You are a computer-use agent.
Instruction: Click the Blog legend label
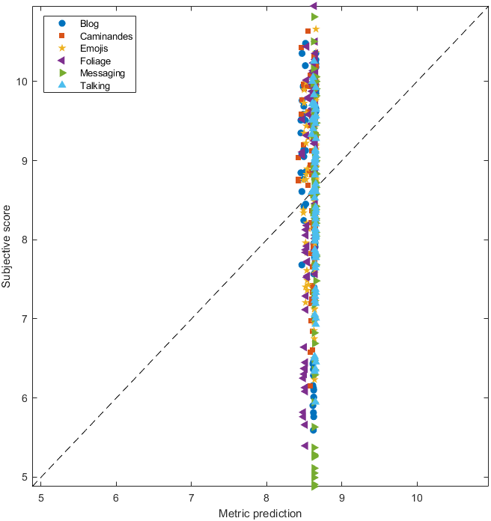[x=89, y=23]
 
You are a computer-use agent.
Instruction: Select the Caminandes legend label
[x=106, y=36]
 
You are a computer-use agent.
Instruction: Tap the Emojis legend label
[x=94, y=49]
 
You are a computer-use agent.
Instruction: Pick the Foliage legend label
[x=95, y=61]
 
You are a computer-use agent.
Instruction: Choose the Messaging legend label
[x=103, y=73]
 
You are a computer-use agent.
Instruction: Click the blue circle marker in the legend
[x=62, y=23]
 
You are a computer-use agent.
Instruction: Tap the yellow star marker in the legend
[x=62, y=49]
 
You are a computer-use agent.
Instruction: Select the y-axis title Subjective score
[x=7, y=240]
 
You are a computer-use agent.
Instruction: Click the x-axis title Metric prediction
[x=260, y=514]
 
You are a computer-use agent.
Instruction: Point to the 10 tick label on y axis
[x=22, y=82]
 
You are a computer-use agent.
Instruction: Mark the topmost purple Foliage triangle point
[x=314, y=6]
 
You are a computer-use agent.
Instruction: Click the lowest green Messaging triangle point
[x=315, y=485]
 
